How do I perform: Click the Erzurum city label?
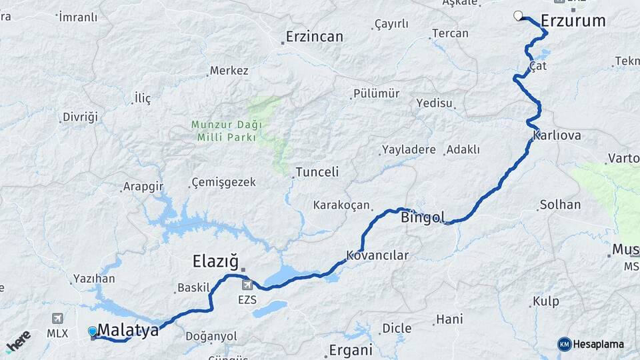click(573, 21)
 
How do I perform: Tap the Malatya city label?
click(128, 330)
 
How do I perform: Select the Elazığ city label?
click(215, 259)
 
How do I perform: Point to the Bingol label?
click(423, 217)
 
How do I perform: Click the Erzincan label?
click(314, 37)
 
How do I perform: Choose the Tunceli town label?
click(317, 172)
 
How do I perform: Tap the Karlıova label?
click(557, 135)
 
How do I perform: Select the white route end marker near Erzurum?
click(519, 16)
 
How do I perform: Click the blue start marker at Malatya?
click(92, 331)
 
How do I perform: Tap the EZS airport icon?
click(247, 285)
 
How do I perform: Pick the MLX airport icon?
click(57, 318)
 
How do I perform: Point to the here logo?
click(18, 342)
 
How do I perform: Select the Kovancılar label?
click(377, 255)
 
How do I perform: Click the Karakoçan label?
click(341, 205)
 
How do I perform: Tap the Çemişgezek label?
click(223, 182)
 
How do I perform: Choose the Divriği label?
click(80, 117)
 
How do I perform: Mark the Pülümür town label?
click(376, 94)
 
